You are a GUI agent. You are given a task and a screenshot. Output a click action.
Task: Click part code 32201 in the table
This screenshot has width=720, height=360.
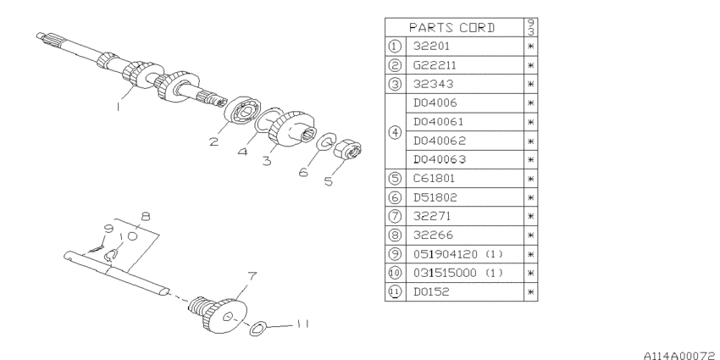(431, 46)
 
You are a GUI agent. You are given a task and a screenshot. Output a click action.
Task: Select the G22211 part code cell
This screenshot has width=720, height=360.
(435, 65)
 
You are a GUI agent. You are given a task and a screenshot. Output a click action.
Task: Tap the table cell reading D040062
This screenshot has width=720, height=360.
(440, 141)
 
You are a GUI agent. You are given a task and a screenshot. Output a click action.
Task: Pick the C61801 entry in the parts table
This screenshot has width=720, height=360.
(435, 178)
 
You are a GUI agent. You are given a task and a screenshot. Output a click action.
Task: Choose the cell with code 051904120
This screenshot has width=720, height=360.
(445, 254)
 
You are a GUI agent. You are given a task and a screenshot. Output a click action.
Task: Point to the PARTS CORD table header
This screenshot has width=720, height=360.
(451, 28)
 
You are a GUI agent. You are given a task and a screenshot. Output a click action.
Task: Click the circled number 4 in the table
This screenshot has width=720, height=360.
(395, 132)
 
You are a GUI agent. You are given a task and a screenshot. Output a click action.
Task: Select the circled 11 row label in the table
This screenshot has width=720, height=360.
(395, 291)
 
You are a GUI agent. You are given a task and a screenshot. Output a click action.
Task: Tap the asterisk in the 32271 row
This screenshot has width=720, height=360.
(530, 216)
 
